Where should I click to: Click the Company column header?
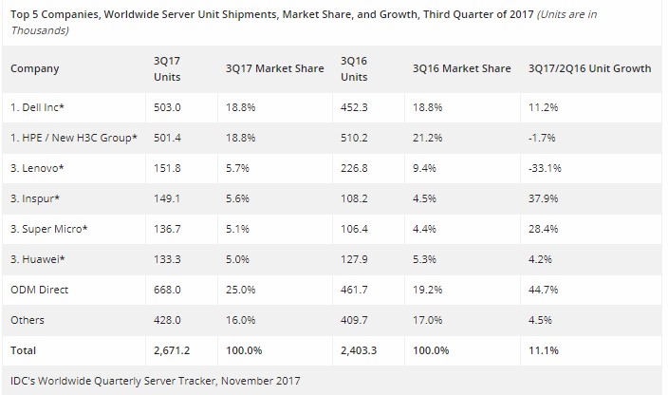click(x=34, y=68)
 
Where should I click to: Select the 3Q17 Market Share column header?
click(x=273, y=68)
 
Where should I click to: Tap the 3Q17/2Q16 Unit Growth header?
click(x=589, y=68)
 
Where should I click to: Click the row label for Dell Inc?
click(x=39, y=108)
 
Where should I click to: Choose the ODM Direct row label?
click(x=40, y=289)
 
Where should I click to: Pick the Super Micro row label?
click(x=48, y=229)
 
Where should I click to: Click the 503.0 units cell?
click(x=167, y=108)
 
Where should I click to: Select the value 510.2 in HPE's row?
click(x=355, y=139)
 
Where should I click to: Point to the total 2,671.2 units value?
click(x=174, y=350)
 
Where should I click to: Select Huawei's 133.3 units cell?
click(x=167, y=259)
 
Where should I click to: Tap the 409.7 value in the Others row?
click(x=355, y=320)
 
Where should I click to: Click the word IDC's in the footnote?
click(x=22, y=381)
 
